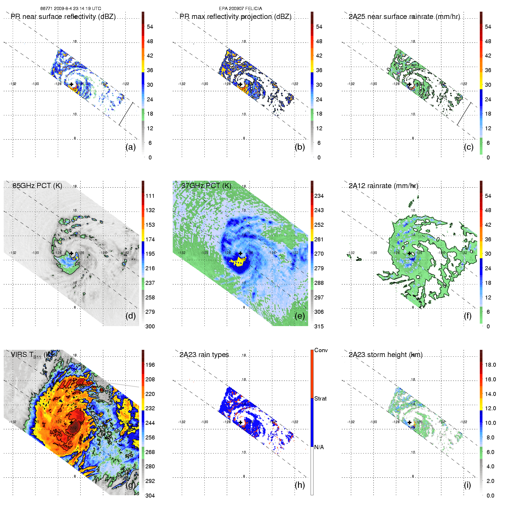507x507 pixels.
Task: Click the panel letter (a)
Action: click(x=131, y=147)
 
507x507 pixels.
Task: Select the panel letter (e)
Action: click(x=300, y=316)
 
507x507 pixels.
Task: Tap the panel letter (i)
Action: click(x=467, y=485)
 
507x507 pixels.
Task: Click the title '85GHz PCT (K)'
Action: click(x=37, y=186)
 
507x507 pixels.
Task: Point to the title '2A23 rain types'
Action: click(x=204, y=355)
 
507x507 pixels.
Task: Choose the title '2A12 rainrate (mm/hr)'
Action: click(x=383, y=186)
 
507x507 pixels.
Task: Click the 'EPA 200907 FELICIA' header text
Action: click(x=240, y=9)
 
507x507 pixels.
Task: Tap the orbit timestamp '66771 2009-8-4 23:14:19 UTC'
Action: click(x=71, y=9)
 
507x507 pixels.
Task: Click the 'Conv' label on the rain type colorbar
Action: click(x=321, y=350)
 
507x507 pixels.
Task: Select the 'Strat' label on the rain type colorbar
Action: click(x=320, y=399)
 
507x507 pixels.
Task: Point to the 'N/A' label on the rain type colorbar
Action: click(x=319, y=447)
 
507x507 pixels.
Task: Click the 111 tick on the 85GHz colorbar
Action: click(x=150, y=196)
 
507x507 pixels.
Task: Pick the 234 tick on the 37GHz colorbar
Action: click(x=319, y=196)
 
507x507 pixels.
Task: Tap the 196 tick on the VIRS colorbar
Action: click(x=150, y=365)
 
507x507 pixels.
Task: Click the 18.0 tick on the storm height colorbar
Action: click(x=490, y=365)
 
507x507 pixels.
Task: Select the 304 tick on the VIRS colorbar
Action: click(x=150, y=496)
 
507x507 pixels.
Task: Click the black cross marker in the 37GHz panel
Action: click(x=240, y=253)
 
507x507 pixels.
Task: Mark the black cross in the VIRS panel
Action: click(x=72, y=422)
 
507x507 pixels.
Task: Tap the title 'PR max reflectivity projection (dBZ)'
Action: click(x=235, y=17)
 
